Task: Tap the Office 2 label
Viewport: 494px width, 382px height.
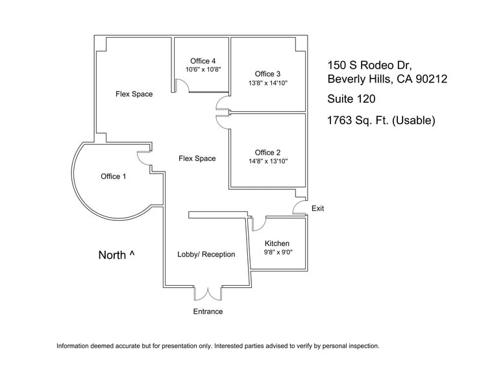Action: click(268, 153)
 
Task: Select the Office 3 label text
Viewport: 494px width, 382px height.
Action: click(268, 73)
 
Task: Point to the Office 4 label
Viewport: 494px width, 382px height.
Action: click(203, 61)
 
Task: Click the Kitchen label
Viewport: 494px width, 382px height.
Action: click(277, 244)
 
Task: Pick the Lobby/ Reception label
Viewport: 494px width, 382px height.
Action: click(206, 254)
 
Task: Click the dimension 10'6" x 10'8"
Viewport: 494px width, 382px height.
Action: click(203, 69)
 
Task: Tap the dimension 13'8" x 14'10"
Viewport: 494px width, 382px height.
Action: click(268, 83)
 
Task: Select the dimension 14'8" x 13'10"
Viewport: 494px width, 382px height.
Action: click(268, 161)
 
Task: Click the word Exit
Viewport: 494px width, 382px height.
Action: click(317, 209)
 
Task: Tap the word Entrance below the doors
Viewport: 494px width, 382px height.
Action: click(208, 312)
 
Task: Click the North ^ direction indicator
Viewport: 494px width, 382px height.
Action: click(116, 255)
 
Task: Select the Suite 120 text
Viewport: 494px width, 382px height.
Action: click(351, 99)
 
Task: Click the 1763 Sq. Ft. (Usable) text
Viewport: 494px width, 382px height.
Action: click(381, 120)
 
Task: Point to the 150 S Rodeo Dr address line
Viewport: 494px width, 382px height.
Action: click(369, 65)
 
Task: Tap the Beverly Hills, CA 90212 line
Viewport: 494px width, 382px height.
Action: click(388, 80)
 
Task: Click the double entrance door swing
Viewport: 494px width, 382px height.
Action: click(208, 293)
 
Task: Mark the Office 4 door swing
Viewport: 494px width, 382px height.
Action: click(181, 85)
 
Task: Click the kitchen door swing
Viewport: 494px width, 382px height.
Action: click(258, 223)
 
